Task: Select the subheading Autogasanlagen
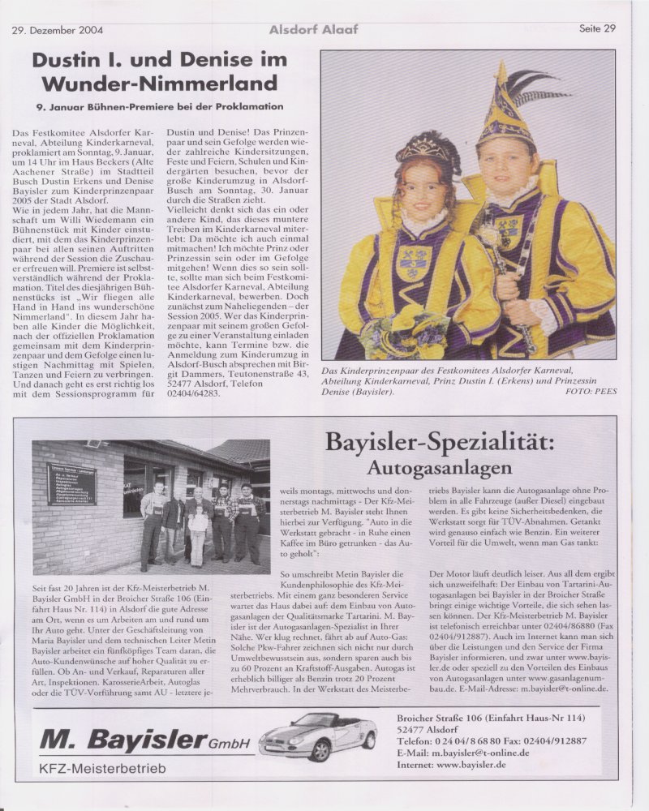[x=439, y=468]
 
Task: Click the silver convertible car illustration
[x=318, y=736]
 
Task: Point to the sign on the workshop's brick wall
[x=71, y=483]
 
